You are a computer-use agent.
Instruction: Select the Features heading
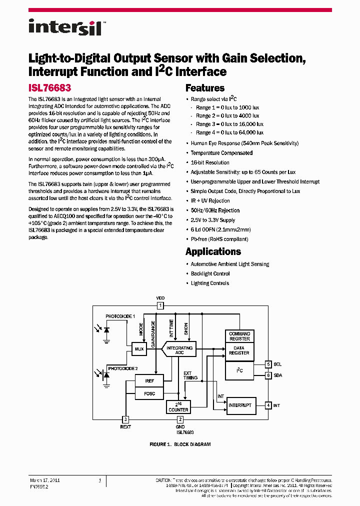[205, 88]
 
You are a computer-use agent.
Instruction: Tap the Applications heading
[213, 251]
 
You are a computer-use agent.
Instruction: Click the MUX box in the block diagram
[139, 349]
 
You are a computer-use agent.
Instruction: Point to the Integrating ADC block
[179, 350]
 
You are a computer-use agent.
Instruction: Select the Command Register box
[239, 336]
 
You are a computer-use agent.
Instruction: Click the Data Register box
[239, 350]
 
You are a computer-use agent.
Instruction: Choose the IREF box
[149, 381]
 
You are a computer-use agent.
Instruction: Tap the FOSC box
[149, 393]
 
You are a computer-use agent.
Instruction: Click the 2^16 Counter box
[178, 407]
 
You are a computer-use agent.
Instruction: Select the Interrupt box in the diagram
[239, 405]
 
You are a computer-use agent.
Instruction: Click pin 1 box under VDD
[160, 305]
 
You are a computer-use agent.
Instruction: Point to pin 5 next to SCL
[268, 364]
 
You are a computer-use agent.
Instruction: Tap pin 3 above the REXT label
[126, 419]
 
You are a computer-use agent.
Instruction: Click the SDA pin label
[278, 375]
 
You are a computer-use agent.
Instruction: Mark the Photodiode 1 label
[120, 316]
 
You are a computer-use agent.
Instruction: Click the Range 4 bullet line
[227, 133]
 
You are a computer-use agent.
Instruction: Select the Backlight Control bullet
[210, 273]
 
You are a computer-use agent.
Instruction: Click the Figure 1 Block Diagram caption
[180, 444]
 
